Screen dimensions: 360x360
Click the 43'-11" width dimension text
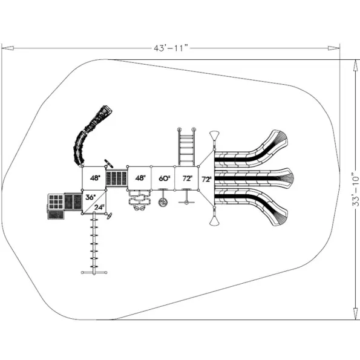(x=171, y=48)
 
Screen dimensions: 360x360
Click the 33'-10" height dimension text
(x=355, y=189)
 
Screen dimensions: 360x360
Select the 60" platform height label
(x=164, y=178)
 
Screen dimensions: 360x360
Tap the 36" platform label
(x=90, y=197)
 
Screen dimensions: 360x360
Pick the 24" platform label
(x=99, y=207)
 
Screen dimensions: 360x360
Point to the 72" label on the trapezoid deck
(x=206, y=179)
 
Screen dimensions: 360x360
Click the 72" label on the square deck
(x=188, y=178)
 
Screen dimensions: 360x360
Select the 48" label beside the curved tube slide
(x=95, y=178)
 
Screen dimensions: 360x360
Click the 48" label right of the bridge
(x=140, y=178)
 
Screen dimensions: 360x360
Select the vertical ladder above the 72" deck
(x=186, y=147)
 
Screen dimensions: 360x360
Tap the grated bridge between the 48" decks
(x=117, y=178)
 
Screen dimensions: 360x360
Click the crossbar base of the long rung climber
(x=94, y=272)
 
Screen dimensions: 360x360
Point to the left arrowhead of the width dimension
(x=8, y=48)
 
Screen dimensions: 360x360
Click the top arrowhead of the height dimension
(x=355, y=66)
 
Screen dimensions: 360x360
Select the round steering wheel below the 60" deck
(x=163, y=202)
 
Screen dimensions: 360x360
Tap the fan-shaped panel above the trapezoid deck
(x=214, y=136)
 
